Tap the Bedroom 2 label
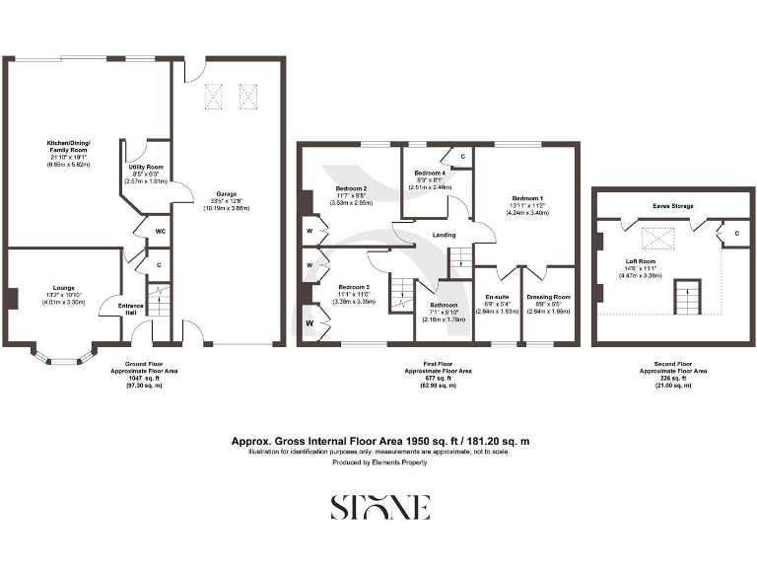point(351,188)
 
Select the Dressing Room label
point(548,297)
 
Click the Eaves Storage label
point(673,206)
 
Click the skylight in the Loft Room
point(653,237)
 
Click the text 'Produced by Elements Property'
point(378,462)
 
